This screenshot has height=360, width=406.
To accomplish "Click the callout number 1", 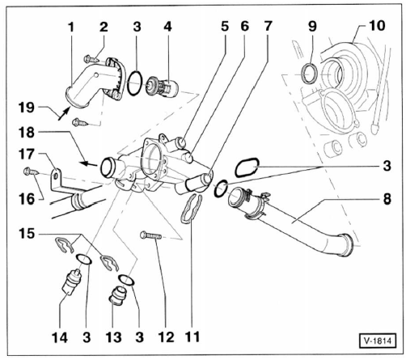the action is pos(71,28).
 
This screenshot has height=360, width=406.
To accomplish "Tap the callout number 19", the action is pos(27,108).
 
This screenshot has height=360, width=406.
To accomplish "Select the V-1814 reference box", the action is pos(378,341).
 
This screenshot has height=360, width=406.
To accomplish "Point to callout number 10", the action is pos(377,26).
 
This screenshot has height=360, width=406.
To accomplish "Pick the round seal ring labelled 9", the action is pos(310,74).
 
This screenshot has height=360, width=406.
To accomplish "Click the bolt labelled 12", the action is pos(150,235).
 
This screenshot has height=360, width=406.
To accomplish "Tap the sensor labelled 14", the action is pos(71,282).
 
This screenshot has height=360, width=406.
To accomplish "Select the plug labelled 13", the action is pos(118,296).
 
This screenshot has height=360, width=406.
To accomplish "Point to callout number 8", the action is pos(387,199).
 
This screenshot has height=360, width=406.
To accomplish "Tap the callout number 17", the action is pos(27,155).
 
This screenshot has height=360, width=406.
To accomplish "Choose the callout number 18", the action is pos(27,132).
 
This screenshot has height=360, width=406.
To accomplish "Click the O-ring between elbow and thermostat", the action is pos(135,83).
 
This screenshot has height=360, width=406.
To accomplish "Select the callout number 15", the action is pos(27,234).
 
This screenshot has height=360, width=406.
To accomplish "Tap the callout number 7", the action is pos(268,26).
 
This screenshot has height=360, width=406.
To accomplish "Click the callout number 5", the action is pos(225,26).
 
